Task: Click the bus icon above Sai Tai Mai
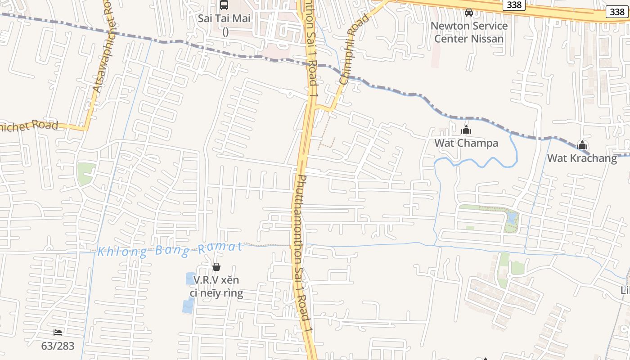click(x=224, y=5)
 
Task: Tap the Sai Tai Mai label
click(x=224, y=19)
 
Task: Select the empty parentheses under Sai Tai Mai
click(x=225, y=31)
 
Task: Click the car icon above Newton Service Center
click(x=469, y=12)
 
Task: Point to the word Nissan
click(x=487, y=39)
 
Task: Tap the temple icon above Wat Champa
click(x=466, y=130)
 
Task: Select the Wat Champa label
click(x=466, y=143)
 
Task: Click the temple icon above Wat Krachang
click(x=582, y=145)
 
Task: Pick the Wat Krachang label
click(x=582, y=158)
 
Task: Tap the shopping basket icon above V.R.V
click(x=216, y=267)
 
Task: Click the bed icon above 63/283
click(x=58, y=333)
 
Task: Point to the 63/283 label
click(x=58, y=346)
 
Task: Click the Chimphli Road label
click(x=355, y=49)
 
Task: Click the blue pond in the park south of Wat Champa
click(x=512, y=219)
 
